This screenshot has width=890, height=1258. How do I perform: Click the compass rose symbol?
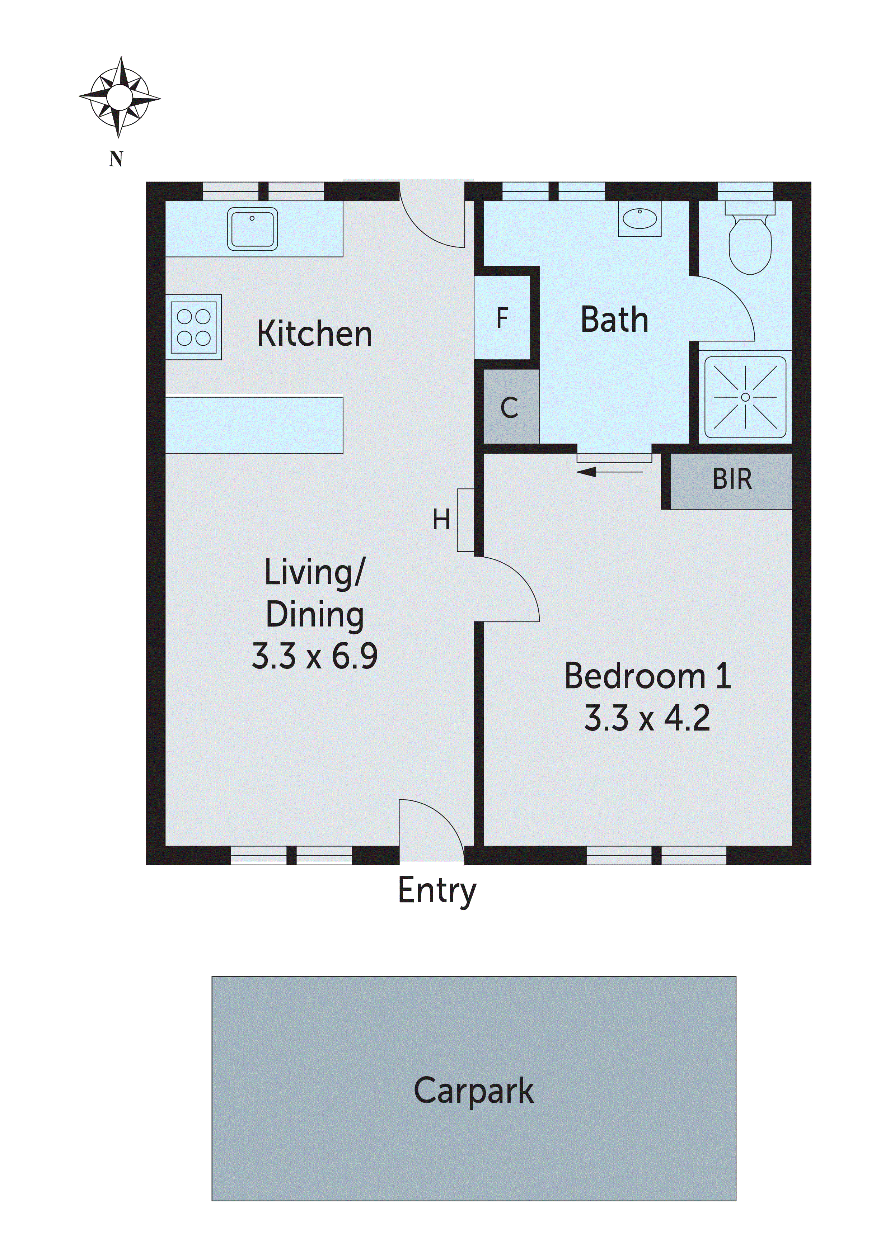point(119,98)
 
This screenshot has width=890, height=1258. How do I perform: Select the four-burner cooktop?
point(193,327)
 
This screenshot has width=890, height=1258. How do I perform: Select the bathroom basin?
point(640,219)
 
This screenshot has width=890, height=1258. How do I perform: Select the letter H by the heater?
point(441,519)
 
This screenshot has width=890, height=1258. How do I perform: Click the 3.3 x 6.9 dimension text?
point(314,656)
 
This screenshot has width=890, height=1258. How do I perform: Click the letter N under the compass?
point(116,159)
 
